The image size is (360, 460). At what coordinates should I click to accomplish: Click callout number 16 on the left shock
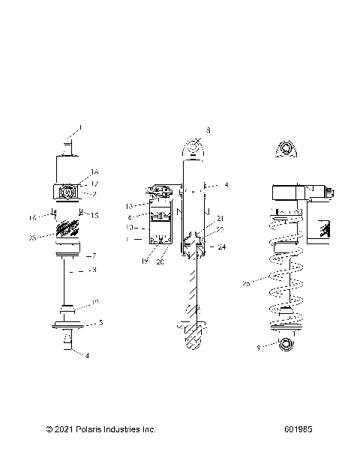95,172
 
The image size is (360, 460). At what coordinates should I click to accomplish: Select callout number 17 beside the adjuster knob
95,183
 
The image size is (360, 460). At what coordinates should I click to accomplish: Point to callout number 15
95,216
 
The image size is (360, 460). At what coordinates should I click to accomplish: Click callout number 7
94,255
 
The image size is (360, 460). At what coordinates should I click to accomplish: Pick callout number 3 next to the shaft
94,270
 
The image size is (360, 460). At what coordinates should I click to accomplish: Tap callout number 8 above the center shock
208,130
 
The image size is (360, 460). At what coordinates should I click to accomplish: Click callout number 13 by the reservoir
129,205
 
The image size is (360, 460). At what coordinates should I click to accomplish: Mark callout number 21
220,218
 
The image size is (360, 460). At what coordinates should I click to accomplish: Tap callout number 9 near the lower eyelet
259,347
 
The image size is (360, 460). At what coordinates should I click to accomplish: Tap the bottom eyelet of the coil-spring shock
286,344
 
